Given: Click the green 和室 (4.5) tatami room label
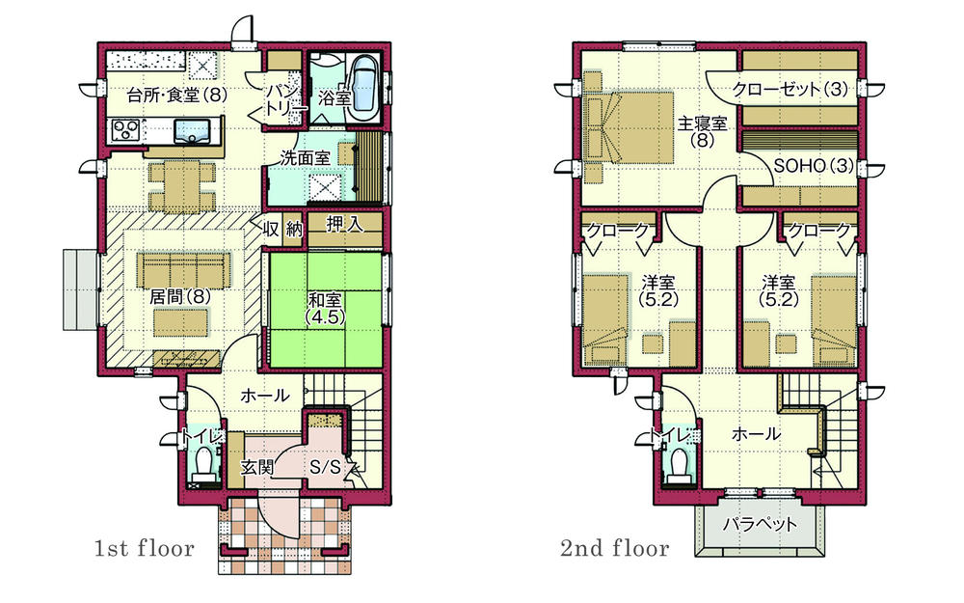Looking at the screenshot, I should click(318, 307).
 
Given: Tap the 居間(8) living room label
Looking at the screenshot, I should click(179, 297).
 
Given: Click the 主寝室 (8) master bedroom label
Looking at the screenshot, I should click(701, 131).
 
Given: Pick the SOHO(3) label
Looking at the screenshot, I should click(814, 165).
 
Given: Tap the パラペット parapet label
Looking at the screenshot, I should click(761, 525).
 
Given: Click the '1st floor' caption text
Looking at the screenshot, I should click(144, 549).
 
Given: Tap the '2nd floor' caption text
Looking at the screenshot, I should click(614, 549).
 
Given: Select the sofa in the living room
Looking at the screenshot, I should click(184, 267).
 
